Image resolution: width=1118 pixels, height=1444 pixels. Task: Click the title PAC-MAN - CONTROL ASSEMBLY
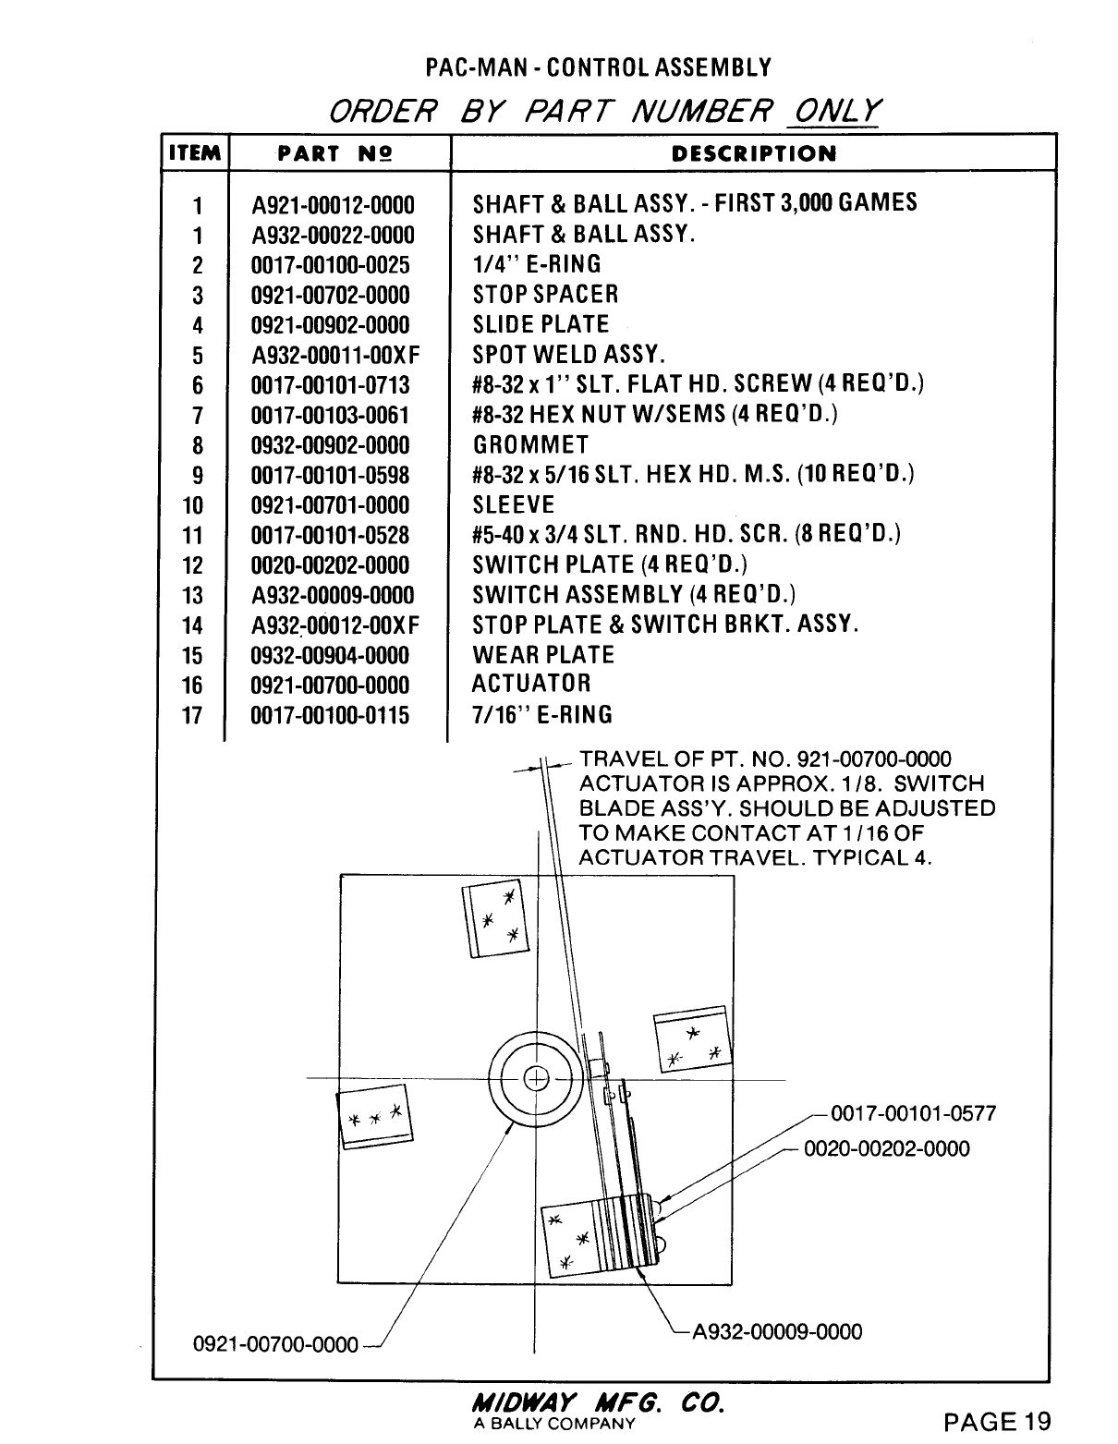598,67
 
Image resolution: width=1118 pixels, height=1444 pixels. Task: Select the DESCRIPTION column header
753,153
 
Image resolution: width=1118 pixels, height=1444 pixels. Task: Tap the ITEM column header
193,153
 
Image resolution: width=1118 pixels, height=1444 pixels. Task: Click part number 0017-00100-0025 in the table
330,265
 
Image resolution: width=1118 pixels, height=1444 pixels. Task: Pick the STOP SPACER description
545,295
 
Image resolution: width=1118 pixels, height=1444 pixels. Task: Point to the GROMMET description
530,445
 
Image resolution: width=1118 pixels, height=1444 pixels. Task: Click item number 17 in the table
192,715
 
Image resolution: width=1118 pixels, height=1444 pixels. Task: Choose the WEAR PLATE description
542,655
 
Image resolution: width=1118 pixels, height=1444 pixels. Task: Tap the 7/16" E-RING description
541,715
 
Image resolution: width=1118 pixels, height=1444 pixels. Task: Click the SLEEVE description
514,505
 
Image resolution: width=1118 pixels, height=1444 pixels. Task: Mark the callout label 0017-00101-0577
914,1113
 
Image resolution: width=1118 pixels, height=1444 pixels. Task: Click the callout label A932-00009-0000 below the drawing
777,1331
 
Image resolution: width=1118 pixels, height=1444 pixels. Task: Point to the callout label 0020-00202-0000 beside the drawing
887,1149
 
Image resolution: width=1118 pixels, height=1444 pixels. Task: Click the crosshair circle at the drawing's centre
535,1078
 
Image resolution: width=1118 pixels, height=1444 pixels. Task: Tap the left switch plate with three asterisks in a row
374,1118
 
